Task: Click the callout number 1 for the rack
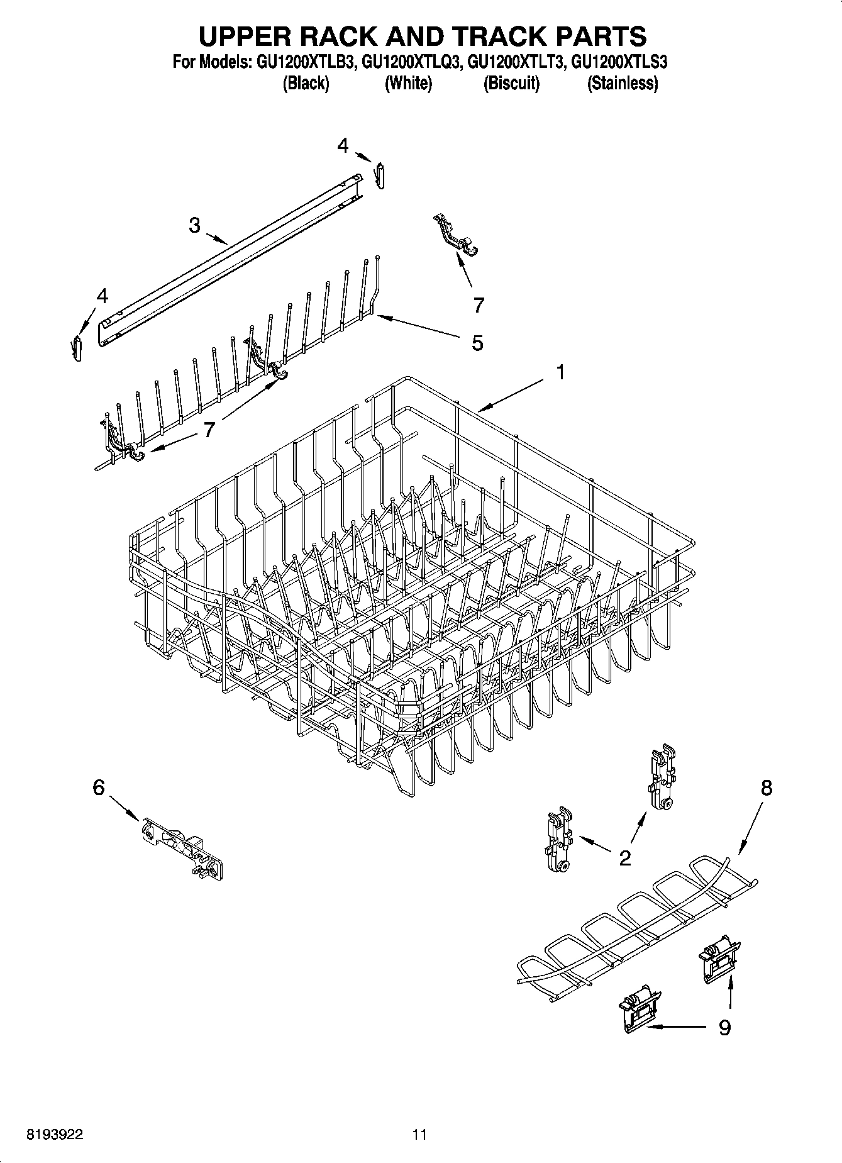pos(560,372)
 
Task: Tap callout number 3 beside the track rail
pos(194,225)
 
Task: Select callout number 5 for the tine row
pos(477,343)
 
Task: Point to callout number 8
pos(766,787)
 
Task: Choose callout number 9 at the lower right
pos(724,1027)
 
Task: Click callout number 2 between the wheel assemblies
pos(624,857)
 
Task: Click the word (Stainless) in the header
pos(622,84)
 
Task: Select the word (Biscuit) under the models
pos(511,84)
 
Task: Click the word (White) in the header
pos(408,84)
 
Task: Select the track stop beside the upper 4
pos(380,175)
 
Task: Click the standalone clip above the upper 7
pos(455,235)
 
